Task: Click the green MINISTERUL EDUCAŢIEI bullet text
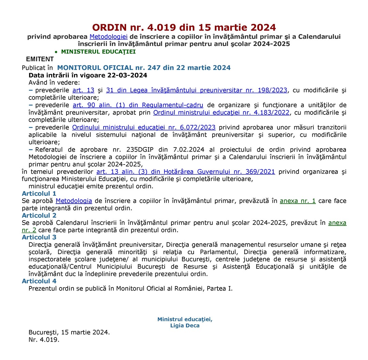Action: pos(98,52)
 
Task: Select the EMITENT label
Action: pos(40,59)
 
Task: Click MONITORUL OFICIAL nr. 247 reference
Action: pos(144,67)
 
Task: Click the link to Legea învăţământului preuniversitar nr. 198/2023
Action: pos(197,90)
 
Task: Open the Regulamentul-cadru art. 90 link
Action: pos(138,105)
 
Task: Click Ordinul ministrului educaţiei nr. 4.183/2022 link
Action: pos(221,112)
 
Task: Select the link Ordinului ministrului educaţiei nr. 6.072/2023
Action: pos(144,127)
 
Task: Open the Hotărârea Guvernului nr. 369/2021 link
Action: pos(186,172)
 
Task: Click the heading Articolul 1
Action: pos(39,193)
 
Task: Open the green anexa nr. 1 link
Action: pos(297,201)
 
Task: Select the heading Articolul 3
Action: pos(39,237)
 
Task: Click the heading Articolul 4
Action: pos(39,281)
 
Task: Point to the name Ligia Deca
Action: pos(185,325)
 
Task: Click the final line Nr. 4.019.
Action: pos(44,340)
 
